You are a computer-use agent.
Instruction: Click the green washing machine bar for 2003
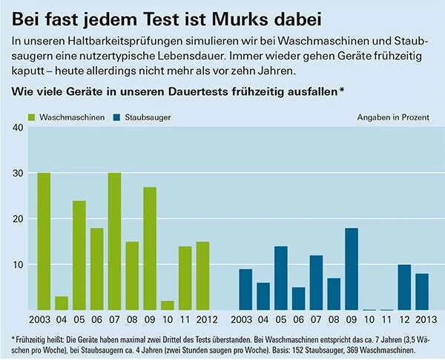pos(44,241)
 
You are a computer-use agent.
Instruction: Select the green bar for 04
pos(62,303)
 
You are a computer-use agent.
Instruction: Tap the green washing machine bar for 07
pos(114,241)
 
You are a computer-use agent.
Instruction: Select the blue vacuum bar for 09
pos(352,269)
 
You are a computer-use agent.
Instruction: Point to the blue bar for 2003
pos(245,289)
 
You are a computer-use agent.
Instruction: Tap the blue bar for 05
pos(281,278)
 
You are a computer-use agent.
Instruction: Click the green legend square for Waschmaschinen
pos(31,117)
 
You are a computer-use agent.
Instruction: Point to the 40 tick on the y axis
pos(18,128)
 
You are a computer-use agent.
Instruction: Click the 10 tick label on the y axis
pos(18,265)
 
